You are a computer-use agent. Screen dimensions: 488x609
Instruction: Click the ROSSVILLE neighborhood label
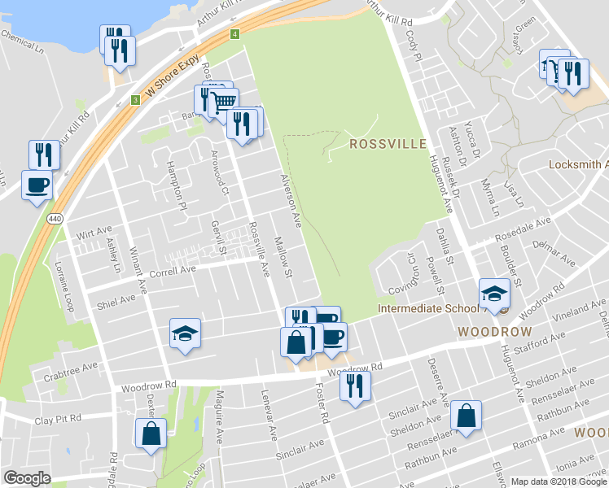(388, 144)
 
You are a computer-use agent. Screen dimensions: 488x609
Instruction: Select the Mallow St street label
(283, 257)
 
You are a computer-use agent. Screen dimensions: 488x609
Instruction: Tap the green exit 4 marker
(234, 34)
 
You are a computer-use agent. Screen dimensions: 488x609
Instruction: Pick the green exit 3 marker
(134, 100)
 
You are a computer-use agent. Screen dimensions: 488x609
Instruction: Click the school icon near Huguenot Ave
(494, 294)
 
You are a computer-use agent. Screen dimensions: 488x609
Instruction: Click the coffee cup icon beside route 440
(37, 185)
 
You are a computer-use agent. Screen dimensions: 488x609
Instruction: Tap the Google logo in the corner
(27, 478)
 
